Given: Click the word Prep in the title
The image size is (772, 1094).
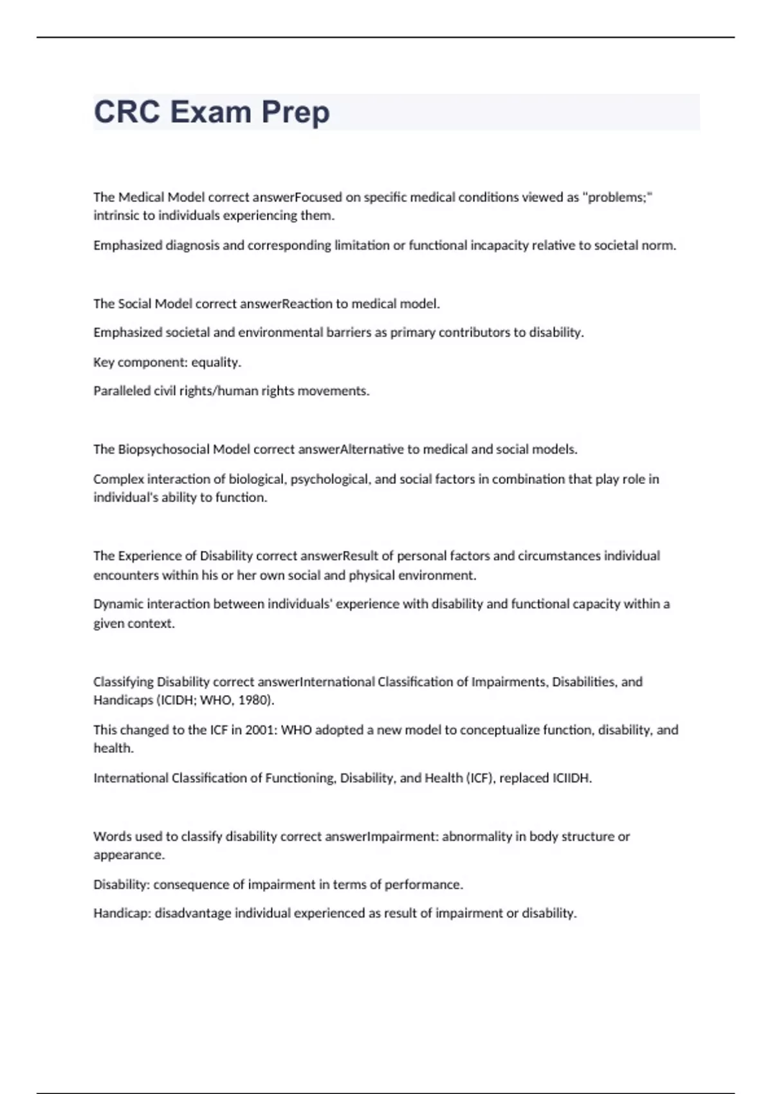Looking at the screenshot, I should point(295,112).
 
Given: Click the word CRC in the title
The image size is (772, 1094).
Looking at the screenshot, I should point(127,112).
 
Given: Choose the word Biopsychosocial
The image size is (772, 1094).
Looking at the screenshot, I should point(164,449).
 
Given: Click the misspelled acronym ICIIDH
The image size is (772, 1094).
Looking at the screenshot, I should point(571,778).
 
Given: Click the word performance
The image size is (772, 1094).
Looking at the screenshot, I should point(423,884).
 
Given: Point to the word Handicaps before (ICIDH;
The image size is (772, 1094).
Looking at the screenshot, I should point(123,700).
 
